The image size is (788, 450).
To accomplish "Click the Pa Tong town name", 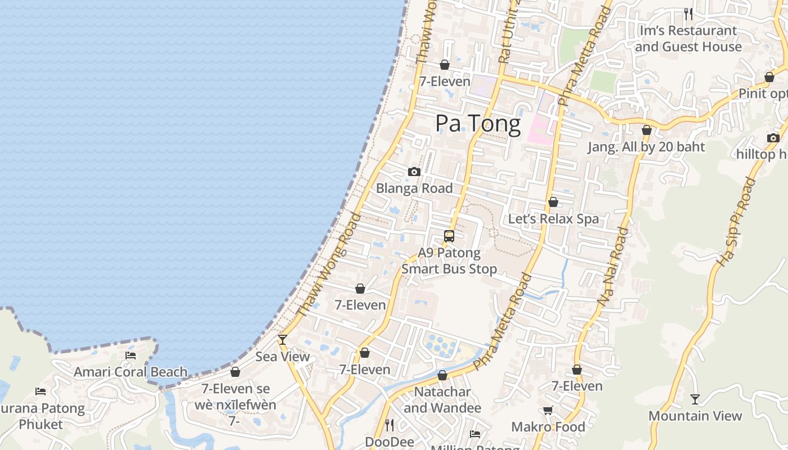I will pyautogui.click(x=478, y=124).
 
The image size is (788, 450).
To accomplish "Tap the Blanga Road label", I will pyautogui.click(x=414, y=188).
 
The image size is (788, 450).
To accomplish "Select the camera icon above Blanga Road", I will pyautogui.click(x=414, y=172).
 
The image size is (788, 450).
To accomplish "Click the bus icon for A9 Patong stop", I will pyautogui.click(x=449, y=236).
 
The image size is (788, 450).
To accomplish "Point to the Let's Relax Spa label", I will pyautogui.click(x=553, y=219).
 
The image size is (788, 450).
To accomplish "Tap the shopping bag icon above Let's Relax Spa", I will pyautogui.click(x=553, y=202).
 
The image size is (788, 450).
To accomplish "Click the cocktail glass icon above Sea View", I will pyautogui.click(x=283, y=340).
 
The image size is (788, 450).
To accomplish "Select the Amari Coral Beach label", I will pyautogui.click(x=131, y=372).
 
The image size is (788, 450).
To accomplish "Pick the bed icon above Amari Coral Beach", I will pyautogui.click(x=131, y=355).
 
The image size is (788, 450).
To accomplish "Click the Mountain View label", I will pyautogui.click(x=695, y=416).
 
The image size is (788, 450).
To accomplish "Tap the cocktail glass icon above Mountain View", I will pyautogui.click(x=695, y=399).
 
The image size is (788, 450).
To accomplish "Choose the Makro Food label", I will pyautogui.click(x=548, y=427).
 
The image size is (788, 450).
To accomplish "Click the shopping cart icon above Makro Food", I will pyautogui.click(x=548, y=411).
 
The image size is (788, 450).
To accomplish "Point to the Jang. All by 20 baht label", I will pyautogui.click(x=646, y=147).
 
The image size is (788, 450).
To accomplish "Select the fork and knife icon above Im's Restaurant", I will pyautogui.click(x=688, y=13).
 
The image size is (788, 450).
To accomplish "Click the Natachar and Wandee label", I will pyautogui.click(x=442, y=399).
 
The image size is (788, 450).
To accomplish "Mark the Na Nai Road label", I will pyautogui.click(x=613, y=266).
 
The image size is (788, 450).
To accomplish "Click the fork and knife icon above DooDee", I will pyautogui.click(x=389, y=425).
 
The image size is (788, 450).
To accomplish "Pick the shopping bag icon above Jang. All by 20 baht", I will pyautogui.click(x=647, y=130).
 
